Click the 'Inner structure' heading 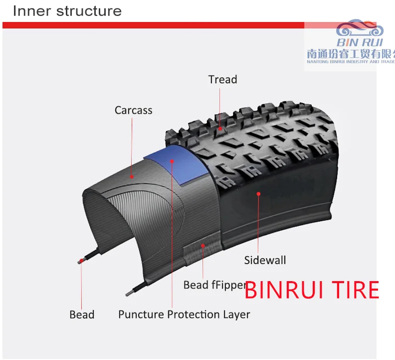[x=67, y=11]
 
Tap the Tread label [x=222, y=79]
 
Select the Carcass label [x=133, y=110]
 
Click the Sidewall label [x=265, y=260]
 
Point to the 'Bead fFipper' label [x=214, y=285]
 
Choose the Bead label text [x=82, y=315]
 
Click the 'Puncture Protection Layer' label [x=184, y=315]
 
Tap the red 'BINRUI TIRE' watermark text [x=312, y=290]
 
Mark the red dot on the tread [x=220, y=129]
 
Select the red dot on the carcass [x=132, y=176]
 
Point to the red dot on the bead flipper [x=202, y=245]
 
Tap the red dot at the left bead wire [x=80, y=262]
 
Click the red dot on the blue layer [x=172, y=161]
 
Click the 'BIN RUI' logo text [x=359, y=43]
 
